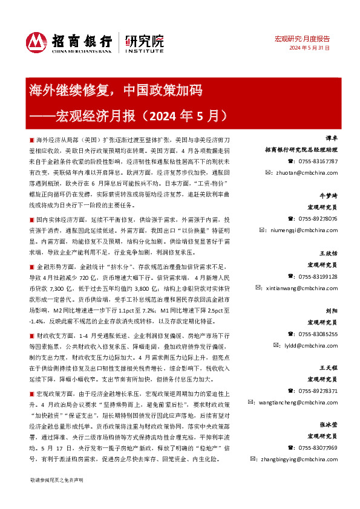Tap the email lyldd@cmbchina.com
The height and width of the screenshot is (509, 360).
click(x=314, y=345)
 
